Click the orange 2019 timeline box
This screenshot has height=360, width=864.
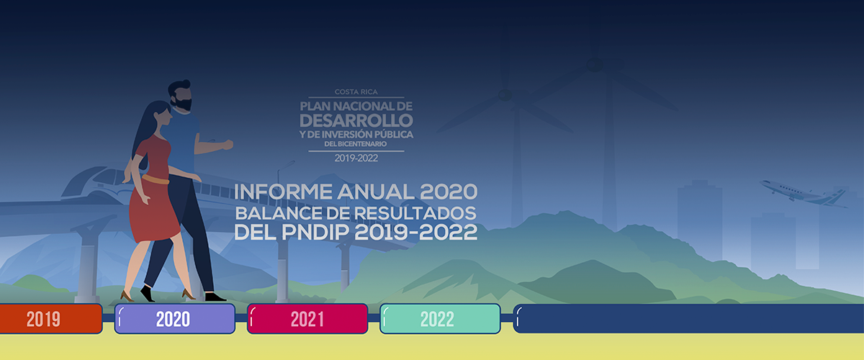click(43, 319)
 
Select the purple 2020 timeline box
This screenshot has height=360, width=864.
click(174, 319)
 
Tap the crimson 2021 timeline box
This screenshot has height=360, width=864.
click(307, 319)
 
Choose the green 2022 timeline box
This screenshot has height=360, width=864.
click(439, 319)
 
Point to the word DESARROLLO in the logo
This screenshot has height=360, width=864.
click(356, 119)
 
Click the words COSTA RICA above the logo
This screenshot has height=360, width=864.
click(356, 92)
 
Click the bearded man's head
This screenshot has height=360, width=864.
click(180, 95)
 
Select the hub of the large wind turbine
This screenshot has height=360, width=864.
click(595, 65)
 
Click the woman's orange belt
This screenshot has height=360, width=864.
click(155, 179)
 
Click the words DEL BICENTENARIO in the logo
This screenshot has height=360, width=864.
click(356, 144)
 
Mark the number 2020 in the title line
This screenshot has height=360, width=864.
click(448, 193)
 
